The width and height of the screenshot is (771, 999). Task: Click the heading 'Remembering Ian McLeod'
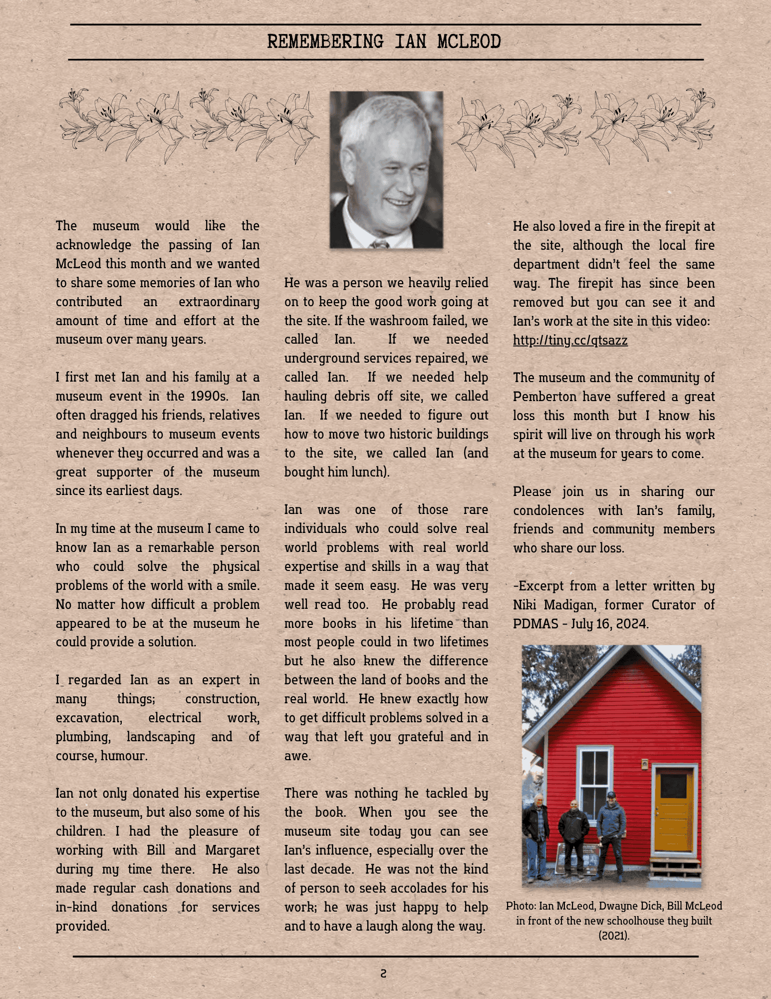click(384, 41)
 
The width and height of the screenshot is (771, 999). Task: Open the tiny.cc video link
click(570, 340)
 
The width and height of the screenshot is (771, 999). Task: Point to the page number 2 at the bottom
click(383, 973)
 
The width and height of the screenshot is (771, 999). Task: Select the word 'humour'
click(123, 756)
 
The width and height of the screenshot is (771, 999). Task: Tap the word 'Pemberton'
click(544, 397)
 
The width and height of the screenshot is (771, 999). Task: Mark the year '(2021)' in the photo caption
click(614, 935)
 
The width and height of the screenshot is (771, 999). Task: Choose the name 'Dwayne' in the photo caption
click(616, 906)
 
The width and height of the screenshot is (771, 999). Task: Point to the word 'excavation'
click(88, 718)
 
